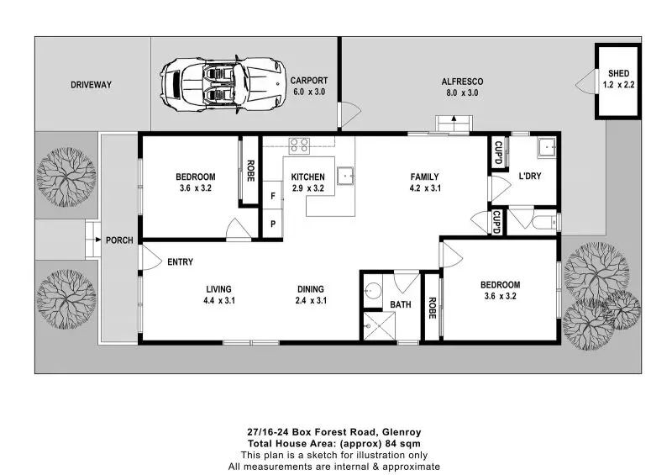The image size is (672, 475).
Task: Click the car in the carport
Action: pyautogui.click(x=223, y=84)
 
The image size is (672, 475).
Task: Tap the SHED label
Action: pyautogui.click(x=618, y=73)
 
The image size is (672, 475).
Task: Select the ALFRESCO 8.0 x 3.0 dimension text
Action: pyautogui.click(x=462, y=92)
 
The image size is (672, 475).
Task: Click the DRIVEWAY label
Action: pyautogui.click(x=91, y=85)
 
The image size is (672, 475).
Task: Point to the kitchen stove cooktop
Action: pyautogui.click(x=299, y=145)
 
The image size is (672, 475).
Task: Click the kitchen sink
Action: pyautogui.click(x=345, y=176)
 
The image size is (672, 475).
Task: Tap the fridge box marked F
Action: pyautogui.click(x=272, y=195)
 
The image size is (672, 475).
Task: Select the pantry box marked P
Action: pyautogui.click(x=272, y=223)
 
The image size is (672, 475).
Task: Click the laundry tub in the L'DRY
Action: pyautogui.click(x=547, y=148)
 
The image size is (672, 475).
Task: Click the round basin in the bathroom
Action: pyautogui.click(x=373, y=291)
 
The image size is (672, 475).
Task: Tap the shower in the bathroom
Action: pyautogui.click(x=379, y=325)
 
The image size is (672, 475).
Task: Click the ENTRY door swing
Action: pyautogui.click(x=151, y=257)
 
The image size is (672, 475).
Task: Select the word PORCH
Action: pyautogui.click(x=119, y=240)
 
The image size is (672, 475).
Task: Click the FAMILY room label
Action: pyautogui.click(x=424, y=177)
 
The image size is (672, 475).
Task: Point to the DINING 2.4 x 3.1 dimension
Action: pyautogui.click(x=311, y=300)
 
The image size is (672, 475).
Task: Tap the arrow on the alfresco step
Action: pyautogui.click(x=454, y=119)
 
